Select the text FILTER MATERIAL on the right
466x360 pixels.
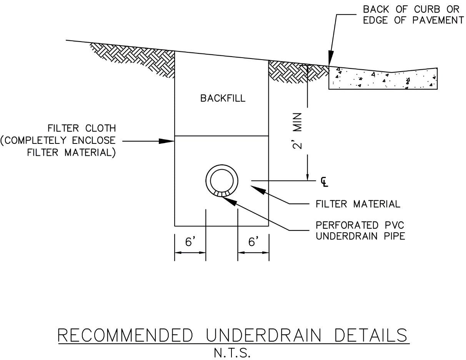(358, 204)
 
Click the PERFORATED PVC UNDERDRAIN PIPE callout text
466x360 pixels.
(360, 230)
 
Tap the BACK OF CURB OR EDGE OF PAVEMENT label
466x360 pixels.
(413, 15)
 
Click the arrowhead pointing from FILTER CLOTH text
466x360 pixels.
(168, 141)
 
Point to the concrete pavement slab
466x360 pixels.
(383, 80)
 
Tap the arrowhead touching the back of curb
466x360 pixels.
(330, 61)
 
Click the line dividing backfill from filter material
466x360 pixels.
(222, 136)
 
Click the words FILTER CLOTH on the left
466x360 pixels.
(81, 127)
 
